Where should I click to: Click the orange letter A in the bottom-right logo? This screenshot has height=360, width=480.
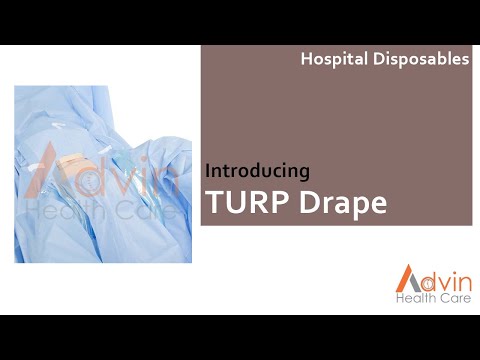pos(406,279)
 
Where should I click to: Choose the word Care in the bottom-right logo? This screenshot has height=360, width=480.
pos(451,298)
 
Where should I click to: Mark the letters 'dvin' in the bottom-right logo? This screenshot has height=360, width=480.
pos(442,277)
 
